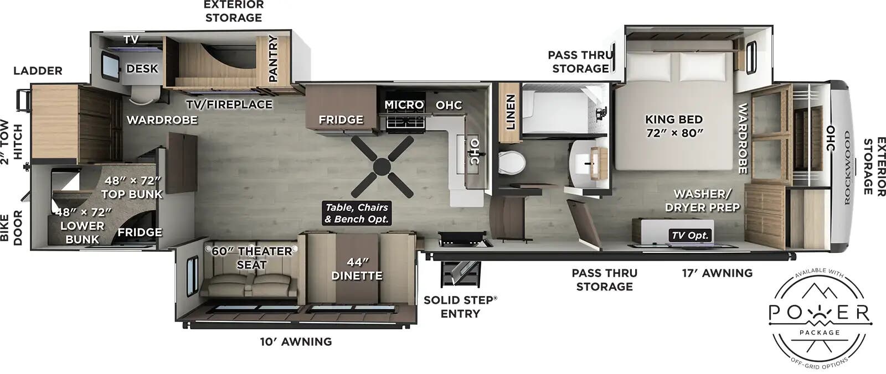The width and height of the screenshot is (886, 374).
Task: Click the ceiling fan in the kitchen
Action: pyautogui.click(x=382, y=167)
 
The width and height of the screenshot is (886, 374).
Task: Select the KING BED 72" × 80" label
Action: pyautogui.click(x=674, y=126)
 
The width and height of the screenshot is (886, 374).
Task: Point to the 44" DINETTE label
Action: pyautogui.click(x=357, y=268)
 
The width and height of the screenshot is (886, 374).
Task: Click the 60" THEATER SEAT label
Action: pyautogui.click(x=252, y=258)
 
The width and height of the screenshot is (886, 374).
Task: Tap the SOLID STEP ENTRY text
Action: pyautogui.click(x=460, y=307)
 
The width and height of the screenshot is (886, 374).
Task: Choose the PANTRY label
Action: pyautogui.click(x=272, y=59)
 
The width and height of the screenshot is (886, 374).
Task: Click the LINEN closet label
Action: pyautogui.click(x=510, y=112)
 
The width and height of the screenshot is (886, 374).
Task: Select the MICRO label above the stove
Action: pyautogui.click(x=404, y=105)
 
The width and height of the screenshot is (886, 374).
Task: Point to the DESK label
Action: pyautogui.click(x=142, y=69)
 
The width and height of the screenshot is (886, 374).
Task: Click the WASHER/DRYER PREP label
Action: pyautogui.click(x=702, y=200)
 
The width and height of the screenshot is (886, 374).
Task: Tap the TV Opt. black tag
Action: pyautogui.click(x=690, y=235)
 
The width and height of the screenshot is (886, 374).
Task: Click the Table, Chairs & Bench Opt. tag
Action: pyautogui.click(x=357, y=213)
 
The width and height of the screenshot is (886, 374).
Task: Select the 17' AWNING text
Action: pyautogui.click(x=717, y=273)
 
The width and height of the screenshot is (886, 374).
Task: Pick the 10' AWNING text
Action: pyautogui.click(x=296, y=342)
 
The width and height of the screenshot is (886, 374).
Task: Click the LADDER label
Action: pyautogui.click(x=38, y=71)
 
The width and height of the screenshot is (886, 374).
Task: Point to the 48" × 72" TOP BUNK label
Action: pyautogui.click(x=132, y=187)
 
